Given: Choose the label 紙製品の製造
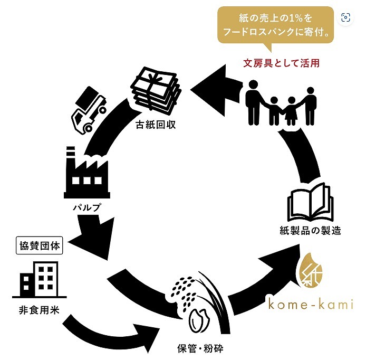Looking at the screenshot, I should [x=311, y=231].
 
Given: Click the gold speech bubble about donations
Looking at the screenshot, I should [x=276, y=25].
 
